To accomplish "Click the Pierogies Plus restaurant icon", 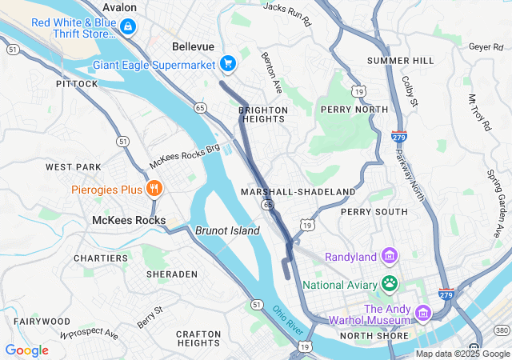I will coord(154,189).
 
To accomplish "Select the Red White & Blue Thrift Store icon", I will coord(128,27).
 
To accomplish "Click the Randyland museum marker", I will coord(390,256).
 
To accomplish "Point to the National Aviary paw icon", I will coord(390,282).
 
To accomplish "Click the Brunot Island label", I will coord(227,230).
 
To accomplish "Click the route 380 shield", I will coord(502,330).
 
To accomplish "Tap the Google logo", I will coord(26,350).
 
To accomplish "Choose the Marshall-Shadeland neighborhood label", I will coord(298,192).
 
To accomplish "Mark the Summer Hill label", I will coord(400,61).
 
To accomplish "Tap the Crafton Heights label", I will coord(198,338).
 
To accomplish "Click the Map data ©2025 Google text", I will coord(462,354).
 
